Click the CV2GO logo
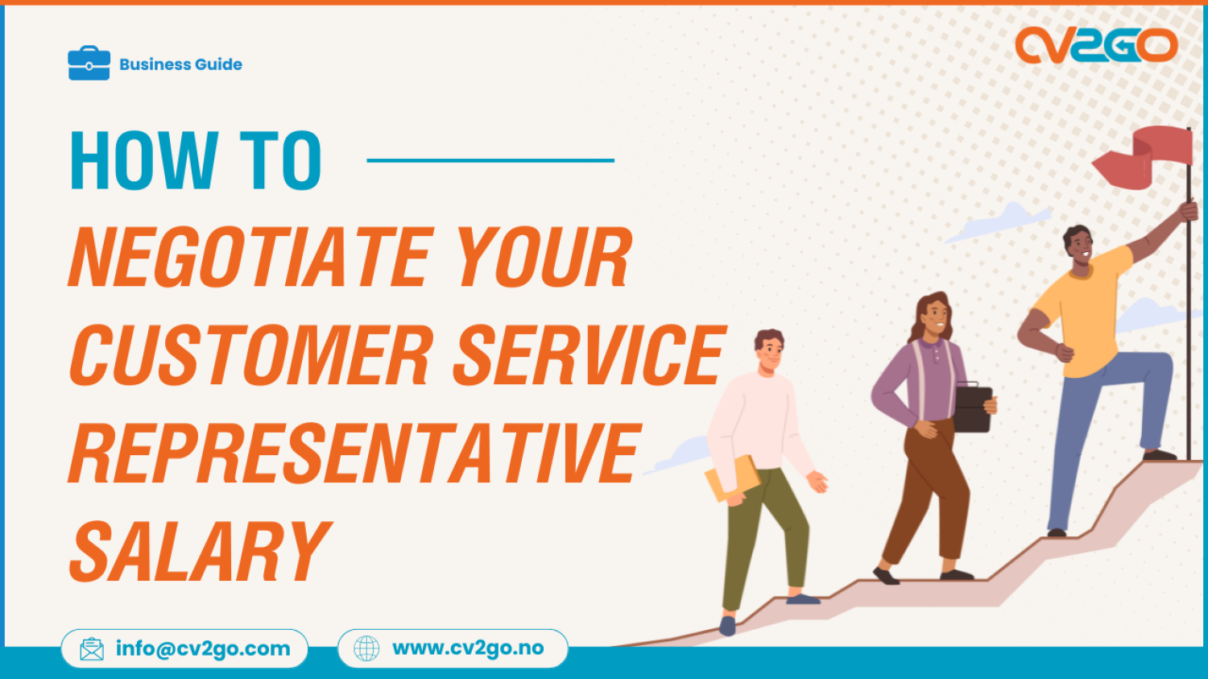pyautogui.click(x=1096, y=45)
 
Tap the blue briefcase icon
pyautogui.click(x=89, y=63)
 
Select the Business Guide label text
pyautogui.click(x=180, y=64)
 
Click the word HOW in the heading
pyautogui.click(x=143, y=160)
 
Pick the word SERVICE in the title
pyautogui.click(x=589, y=355)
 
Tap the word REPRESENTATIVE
pyautogui.click(x=354, y=453)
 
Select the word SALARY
pyautogui.click(x=200, y=551)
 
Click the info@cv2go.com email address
pyautogui.click(x=203, y=648)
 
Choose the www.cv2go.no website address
pyautogui.click(x=468, y=648)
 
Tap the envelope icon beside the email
pyautogui.click(x=92, y=648)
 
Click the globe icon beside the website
pyautogui.click(x=366, y=648)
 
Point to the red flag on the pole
pyautogui.click(x=1147, y=156)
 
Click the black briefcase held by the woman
pyautogui.click(x=973, y=408)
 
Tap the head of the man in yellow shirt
pyautogui.click(x=1078, y=245)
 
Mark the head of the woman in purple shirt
pyautogui.click(x=933, y=315)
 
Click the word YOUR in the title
pyautogui.click(x=544, y=258)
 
